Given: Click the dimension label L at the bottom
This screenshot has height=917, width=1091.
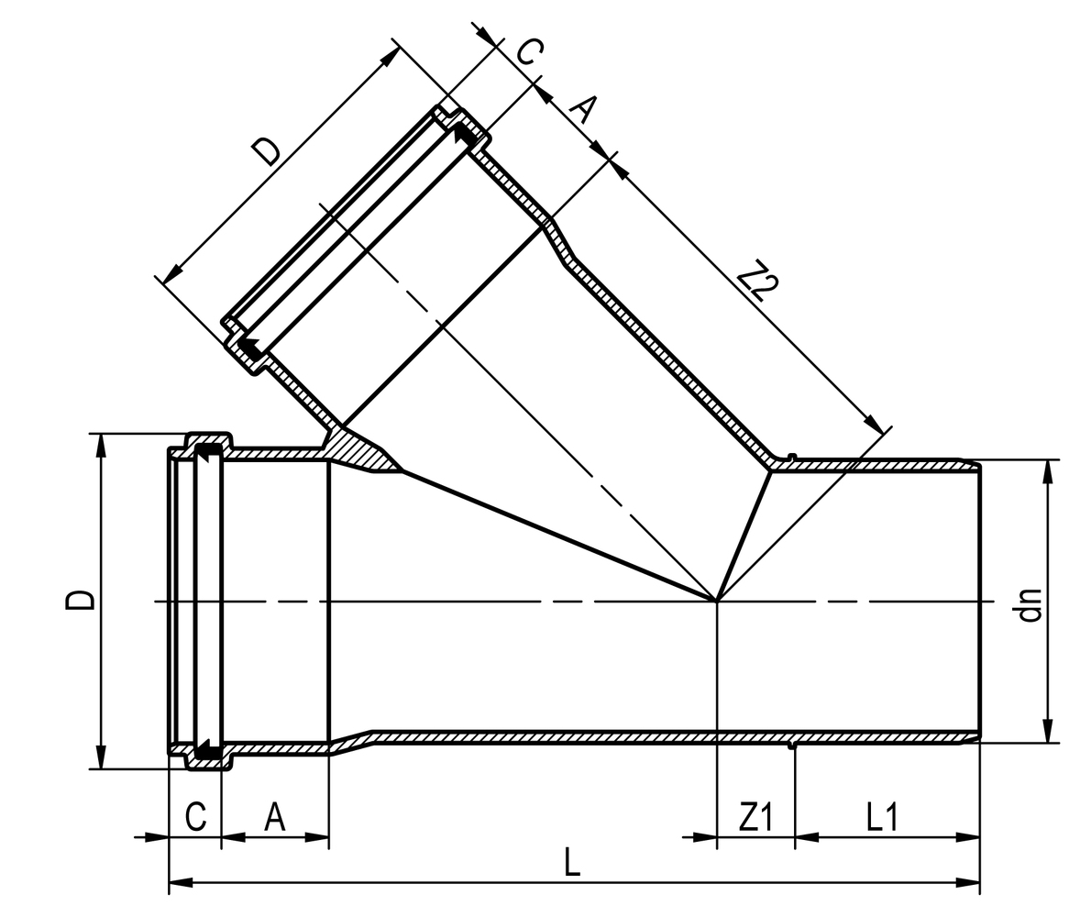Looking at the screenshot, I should (571, 862).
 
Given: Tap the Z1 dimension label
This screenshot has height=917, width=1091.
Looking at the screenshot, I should (755, 817).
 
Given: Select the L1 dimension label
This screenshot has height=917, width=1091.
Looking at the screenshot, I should (881, 817).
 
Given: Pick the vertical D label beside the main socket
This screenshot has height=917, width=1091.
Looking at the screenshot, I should (80, 600).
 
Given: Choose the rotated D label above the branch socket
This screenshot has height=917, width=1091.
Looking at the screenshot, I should (266, 150).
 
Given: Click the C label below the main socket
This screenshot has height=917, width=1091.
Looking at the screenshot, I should (195, 817).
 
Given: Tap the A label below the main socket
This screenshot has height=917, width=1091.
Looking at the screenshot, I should (274, 817).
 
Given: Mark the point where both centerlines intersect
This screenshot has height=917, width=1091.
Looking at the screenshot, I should (717, 602).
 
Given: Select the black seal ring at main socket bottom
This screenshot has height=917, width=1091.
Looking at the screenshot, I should (208, 751).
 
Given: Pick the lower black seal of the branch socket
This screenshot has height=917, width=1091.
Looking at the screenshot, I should (248, 347).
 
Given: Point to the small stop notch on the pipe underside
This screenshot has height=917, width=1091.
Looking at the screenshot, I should (794, 746).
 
